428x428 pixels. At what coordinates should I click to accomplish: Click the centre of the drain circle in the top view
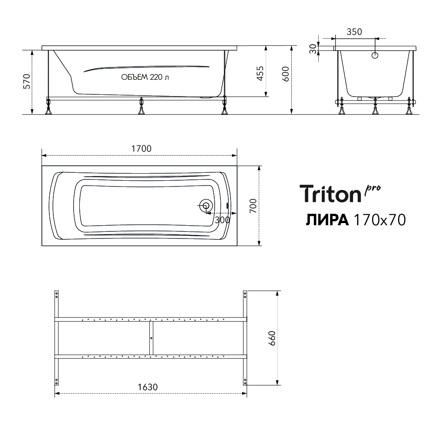pos(205,205)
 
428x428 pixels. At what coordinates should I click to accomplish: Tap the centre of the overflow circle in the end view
pos(375,56)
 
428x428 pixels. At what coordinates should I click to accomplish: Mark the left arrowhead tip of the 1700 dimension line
pos(42,156)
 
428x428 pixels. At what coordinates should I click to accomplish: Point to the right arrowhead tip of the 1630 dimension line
pos(246,393)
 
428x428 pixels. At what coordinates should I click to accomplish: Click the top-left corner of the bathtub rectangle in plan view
pos(42,166)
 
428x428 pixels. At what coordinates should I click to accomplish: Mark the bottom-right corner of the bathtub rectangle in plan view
pos(237,246)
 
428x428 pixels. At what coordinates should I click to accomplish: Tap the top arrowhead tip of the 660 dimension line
pos(277,291)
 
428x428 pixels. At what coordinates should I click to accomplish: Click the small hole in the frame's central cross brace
pos(151,338)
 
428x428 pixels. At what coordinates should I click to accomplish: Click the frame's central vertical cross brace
pos(151,338)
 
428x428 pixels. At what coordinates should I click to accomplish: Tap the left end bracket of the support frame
pos(56,338)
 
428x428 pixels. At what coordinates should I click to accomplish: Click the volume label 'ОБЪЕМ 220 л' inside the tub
pos(145,77)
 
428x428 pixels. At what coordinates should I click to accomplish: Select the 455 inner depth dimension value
pos(261,73)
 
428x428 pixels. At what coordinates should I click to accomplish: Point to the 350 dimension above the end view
pos(354,32)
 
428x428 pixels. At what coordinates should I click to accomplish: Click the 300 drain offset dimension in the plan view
pos(222,220)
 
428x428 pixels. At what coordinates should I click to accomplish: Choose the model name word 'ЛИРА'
pos(327,220)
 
